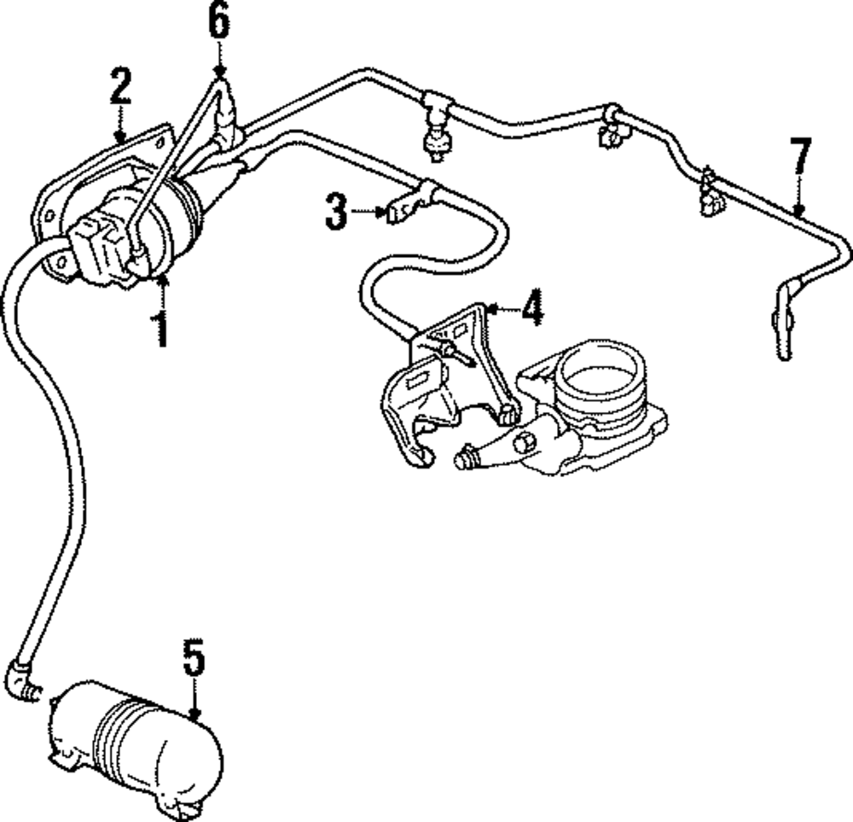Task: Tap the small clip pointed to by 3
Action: [x=398, y=208]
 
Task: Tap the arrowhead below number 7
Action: [x=798, y=208]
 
